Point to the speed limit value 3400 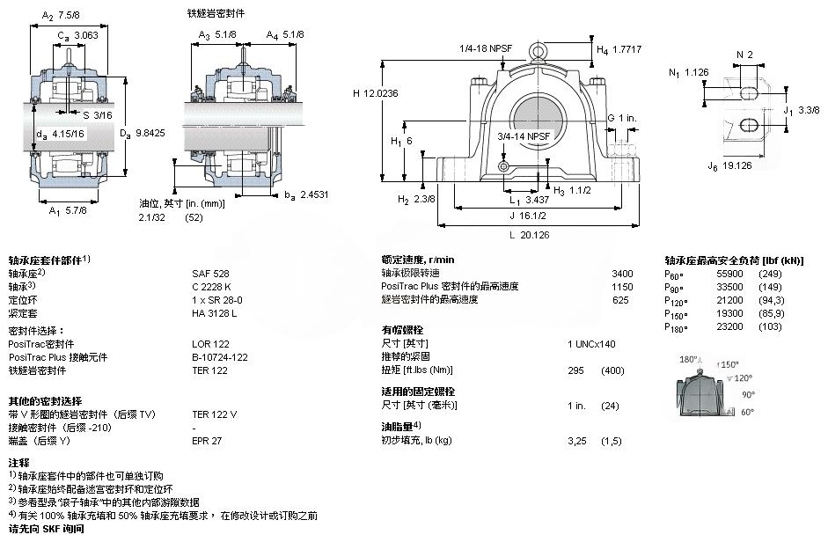coord(622,274)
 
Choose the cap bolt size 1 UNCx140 coord(591,343)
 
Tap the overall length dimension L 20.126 coord(528,235)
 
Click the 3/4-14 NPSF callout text coord(524,136)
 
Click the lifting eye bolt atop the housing coord(538,52)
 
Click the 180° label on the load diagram coord(689,360)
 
